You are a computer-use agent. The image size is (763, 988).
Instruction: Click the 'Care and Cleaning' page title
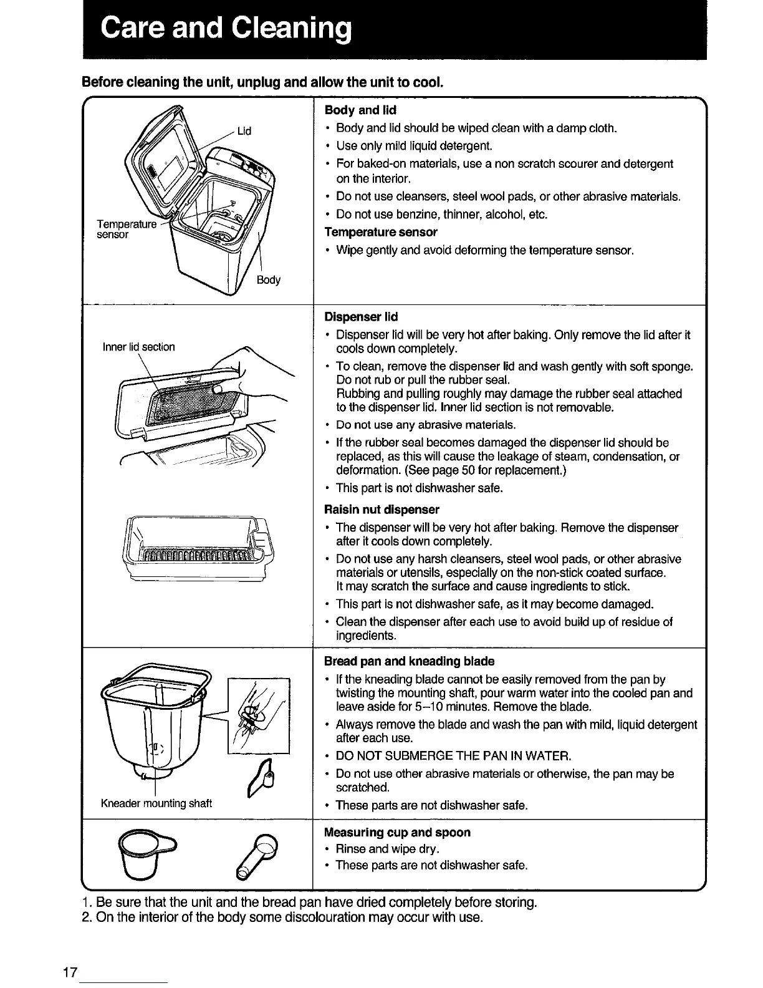226,29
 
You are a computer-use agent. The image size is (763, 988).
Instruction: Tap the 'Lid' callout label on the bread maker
244,131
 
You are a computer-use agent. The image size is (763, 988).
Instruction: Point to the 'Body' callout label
268,280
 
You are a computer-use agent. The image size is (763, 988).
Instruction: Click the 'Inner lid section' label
139,347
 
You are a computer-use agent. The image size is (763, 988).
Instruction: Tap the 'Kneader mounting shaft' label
156,803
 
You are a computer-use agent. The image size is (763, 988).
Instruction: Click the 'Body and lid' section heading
360,110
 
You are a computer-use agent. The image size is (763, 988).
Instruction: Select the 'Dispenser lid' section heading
361,317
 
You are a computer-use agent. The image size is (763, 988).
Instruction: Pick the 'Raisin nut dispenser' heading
381,509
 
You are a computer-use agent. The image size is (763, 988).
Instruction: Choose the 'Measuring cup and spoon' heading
397,833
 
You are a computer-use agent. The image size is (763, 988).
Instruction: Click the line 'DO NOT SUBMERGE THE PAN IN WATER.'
453,757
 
